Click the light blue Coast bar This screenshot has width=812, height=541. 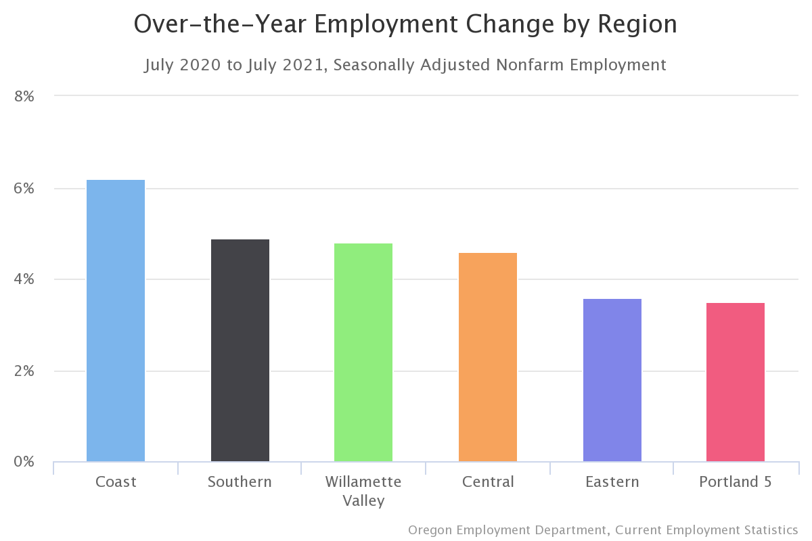click(116, 321)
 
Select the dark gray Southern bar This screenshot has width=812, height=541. click(240, 350)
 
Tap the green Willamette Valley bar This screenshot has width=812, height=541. click(363, 352)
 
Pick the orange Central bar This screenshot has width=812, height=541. click(488, 357)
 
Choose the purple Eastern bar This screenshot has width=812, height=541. click(612, 380)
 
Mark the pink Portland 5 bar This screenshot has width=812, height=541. click(736, 382)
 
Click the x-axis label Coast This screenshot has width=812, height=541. click(116, 482)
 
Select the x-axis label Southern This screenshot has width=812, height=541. click(240, 482)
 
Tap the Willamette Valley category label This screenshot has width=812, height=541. click(363, 491)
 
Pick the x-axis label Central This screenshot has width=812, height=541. click(488, 482)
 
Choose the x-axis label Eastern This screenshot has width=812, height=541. click(612, 482)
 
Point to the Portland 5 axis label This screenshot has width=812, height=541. click(736, 482)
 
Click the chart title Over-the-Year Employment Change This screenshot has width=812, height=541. click(405, 24)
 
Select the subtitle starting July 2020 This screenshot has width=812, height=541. click(405, 65)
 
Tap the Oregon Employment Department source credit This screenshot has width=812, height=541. click(603, 530)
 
